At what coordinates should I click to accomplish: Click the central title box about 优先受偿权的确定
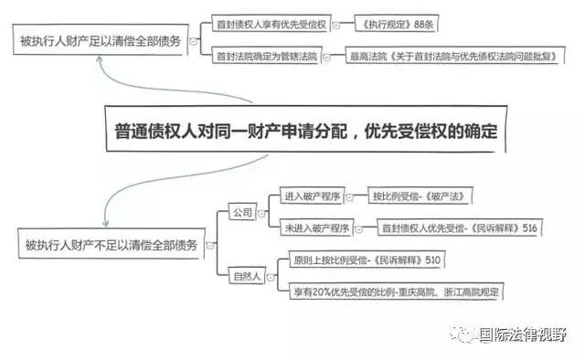(x=308, y=131)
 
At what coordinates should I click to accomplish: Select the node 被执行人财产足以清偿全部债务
(x=100, y=40)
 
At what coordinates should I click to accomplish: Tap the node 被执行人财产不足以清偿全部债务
(x=110, y=244)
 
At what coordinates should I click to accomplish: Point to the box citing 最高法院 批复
(x=452, y=57)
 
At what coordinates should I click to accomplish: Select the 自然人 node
(x=245, y=273)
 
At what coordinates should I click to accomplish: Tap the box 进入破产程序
(x=311, y=196)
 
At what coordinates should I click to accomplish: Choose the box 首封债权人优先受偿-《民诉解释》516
(x=457, y=228)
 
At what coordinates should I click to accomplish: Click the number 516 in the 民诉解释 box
(x=529, y=228)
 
